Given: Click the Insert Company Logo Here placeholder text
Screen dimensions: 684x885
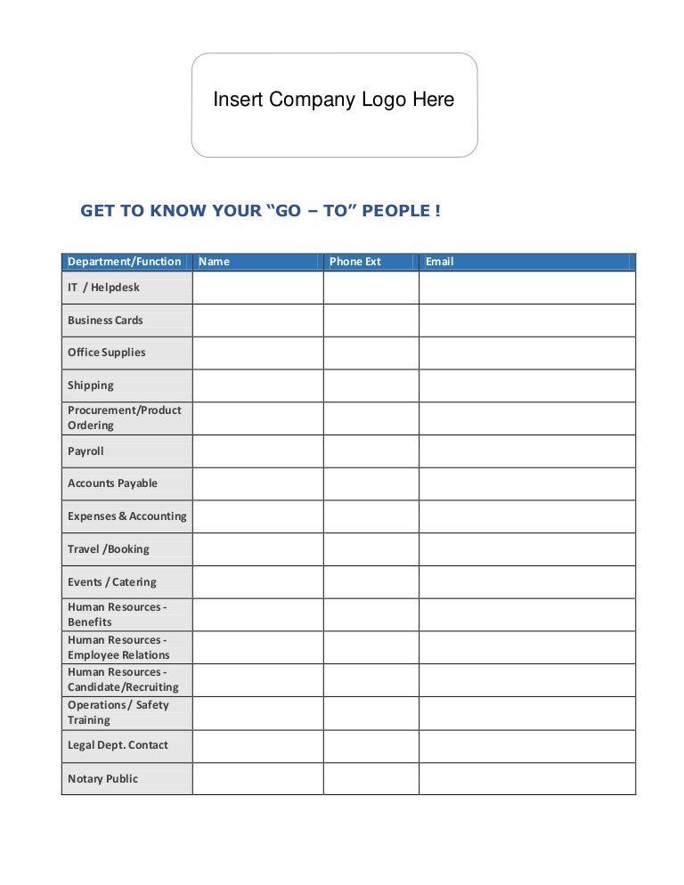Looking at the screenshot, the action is click(333, 100).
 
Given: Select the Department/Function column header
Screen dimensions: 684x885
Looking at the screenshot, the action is click(124, 262).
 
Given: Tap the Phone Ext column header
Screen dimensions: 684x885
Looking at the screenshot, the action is click(354, 262).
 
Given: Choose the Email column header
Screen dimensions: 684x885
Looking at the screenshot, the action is click(439, 262).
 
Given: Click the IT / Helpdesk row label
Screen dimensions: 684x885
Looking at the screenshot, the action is click(103, 288).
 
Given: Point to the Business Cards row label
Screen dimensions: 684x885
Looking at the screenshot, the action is click(105, 321).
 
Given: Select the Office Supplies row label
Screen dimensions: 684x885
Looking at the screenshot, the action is click(106, 353).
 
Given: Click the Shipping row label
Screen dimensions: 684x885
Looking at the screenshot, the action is click(91, 386).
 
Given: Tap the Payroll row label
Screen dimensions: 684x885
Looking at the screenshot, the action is click(85, 451).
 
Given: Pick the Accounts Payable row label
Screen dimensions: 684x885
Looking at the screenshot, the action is click(112, 483).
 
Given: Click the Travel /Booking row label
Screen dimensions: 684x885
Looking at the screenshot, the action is click(109, 549).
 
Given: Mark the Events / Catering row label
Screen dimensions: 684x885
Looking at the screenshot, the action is click(111, 582).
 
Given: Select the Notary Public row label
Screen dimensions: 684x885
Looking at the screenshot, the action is click(102, 779).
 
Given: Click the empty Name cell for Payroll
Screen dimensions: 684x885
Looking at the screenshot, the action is click(257, 451).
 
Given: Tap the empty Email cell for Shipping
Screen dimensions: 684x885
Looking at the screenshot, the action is click(527, 386).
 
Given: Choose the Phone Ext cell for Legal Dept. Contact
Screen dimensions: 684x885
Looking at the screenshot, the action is click(370, 746).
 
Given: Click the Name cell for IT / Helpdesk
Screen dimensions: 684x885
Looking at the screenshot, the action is click(257, 288).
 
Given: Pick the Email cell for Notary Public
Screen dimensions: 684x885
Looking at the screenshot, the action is click(527, 779).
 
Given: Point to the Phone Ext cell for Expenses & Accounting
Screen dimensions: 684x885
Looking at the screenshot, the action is click(370, 516).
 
